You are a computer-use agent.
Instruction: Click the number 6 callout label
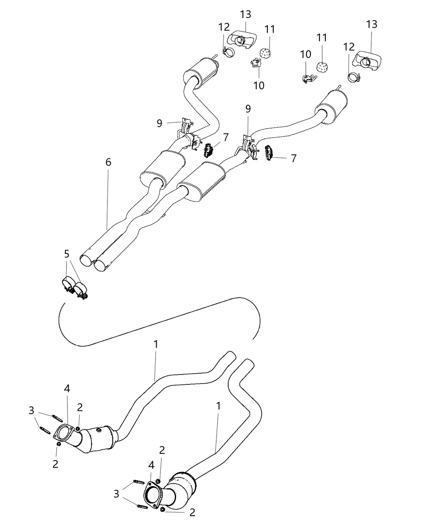[108, 162]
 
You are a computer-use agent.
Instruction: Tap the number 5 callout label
[67, 254]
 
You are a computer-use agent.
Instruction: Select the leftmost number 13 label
[245, 14]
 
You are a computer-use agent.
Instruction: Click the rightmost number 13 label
[372, 24]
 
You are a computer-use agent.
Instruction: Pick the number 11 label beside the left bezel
[270, 29]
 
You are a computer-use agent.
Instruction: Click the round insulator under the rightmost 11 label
[322, 66]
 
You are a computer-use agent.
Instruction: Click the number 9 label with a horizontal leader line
[160, 123]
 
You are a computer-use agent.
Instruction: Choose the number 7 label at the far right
[293, 158]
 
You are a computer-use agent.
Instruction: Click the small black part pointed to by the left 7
[208, 150]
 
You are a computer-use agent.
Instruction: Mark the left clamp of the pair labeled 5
[67, 285]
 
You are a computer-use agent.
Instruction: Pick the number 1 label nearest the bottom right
[218, 406]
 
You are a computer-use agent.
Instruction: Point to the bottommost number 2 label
[192, 513]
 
